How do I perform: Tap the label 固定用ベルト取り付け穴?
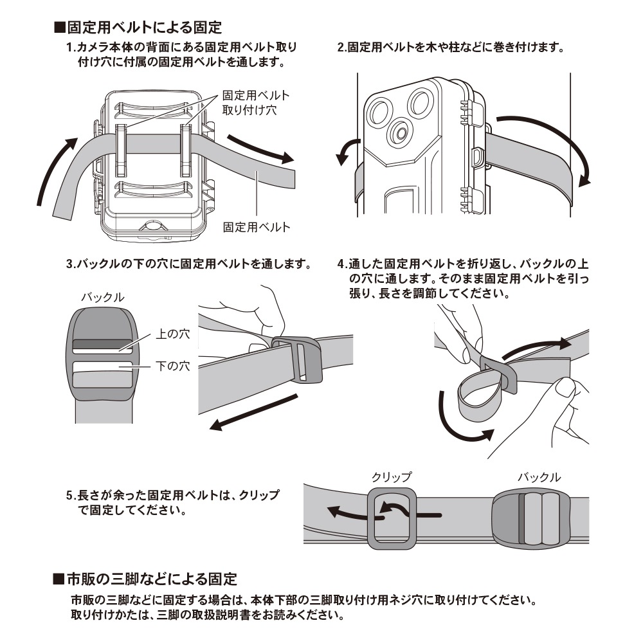[256, 102]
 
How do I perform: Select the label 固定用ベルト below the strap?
[257, 226]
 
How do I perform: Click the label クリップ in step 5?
[391, 478]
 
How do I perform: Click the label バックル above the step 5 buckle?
[539, 478]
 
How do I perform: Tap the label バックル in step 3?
[102, 298]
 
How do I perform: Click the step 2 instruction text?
[450, 48]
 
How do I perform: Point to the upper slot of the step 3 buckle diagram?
[103, 345]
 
